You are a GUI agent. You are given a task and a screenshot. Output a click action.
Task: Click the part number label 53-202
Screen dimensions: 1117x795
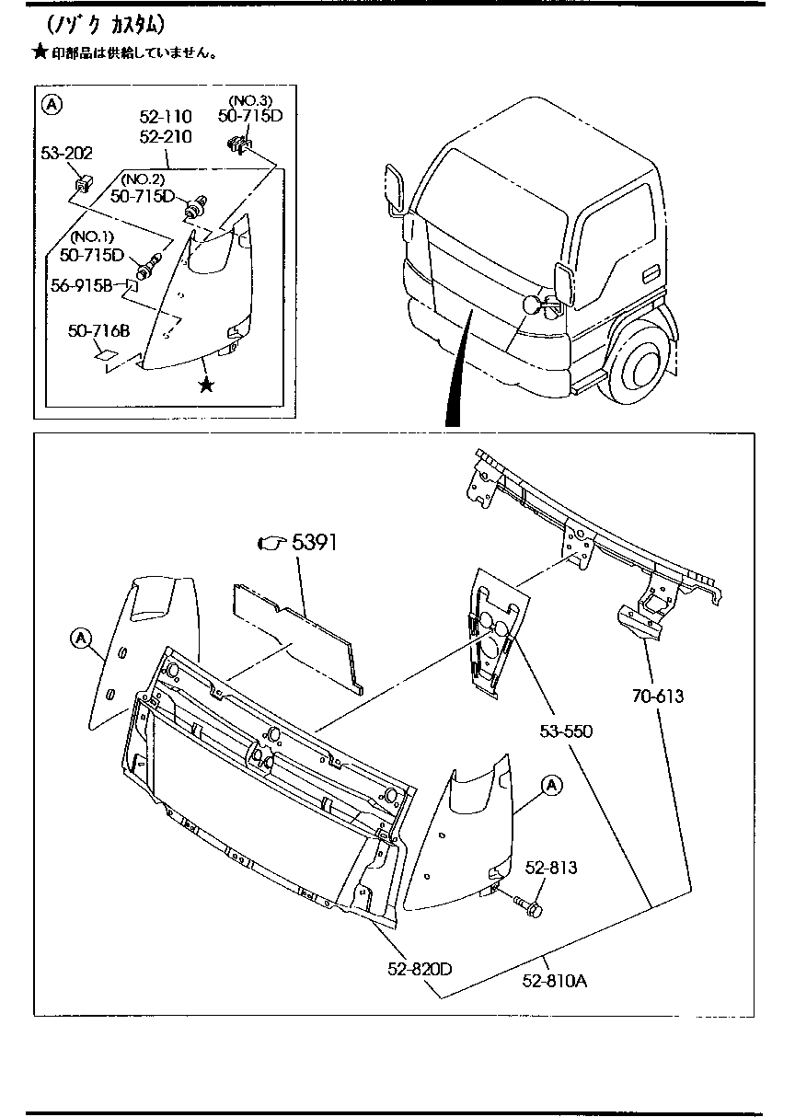[x=66, y=153]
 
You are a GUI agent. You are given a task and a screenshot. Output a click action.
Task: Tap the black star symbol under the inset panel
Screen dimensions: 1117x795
[x=207, y=385]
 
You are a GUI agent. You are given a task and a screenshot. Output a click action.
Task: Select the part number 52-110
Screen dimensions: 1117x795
[x=166, y=117]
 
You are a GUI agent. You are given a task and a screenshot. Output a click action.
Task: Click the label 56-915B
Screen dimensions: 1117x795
[x=82, y=286]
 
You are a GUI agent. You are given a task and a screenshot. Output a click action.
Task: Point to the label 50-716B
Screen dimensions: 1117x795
[x=98, y=329]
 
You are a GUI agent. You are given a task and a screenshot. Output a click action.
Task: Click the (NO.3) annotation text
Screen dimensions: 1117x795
[x=249, y=99]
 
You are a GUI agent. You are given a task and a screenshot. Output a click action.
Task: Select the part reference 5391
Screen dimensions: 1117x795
[x=315, y=543]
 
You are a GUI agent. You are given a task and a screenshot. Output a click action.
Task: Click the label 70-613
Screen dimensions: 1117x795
[x=658, y=697]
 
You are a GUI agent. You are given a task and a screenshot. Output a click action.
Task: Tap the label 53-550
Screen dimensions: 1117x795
[x=565, y=731]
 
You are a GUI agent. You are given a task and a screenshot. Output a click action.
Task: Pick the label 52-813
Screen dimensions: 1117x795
[x=551, y=868]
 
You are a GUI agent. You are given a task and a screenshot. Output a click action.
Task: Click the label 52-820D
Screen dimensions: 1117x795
[x=421, y=968]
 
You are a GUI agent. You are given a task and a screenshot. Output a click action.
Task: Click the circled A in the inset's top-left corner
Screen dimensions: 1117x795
[x=53, y=105]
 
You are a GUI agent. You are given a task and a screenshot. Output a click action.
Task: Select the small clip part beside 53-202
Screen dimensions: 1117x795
[x=82, y=183]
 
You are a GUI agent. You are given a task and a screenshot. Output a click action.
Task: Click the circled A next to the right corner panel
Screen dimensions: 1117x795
[x=550, y=785]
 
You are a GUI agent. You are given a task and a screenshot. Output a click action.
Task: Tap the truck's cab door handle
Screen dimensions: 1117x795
[x=649, y=273]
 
